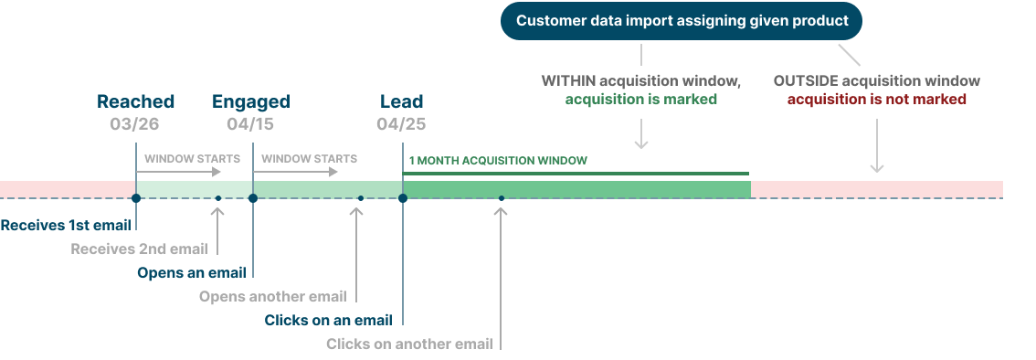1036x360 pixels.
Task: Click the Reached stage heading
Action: pos(135,101)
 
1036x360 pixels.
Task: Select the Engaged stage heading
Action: pos(251,101)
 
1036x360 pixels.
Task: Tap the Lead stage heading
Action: pos(402,101)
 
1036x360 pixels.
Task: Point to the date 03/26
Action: pos(135,123)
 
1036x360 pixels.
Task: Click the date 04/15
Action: pos(250,123)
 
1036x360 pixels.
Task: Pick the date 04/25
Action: pos(401,123)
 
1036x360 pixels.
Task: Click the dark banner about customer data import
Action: pos(682,20)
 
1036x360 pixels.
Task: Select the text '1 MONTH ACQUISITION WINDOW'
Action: pos(498,161)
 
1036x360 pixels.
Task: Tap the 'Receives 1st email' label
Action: pos(66,225)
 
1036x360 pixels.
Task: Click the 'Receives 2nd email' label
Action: pos(139,249)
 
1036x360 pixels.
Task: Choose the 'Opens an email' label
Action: pos(192,272)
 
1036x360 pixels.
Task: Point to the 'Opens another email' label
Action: pos(273,296)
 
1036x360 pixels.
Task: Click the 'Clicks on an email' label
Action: pos(329,320)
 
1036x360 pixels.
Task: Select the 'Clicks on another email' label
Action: pos(409,344)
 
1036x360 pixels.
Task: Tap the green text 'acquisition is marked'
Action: pos(640,99)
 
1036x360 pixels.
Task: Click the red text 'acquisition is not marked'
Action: pos(877,99)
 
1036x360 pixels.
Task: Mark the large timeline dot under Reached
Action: pos(135,197)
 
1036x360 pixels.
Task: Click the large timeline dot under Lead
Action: pos(403,197)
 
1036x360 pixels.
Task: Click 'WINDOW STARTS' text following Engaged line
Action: pos(309,159)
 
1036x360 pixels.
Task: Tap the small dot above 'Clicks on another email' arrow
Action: pos(502,197)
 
